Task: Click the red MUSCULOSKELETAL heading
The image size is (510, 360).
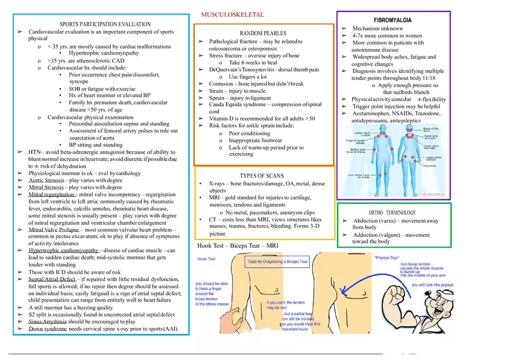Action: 232,14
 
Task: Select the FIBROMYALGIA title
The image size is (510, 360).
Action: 392,20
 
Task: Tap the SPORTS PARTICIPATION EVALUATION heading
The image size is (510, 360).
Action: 105,24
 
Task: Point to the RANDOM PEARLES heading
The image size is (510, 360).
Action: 263,34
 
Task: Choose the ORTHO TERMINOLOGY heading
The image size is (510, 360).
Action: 392,213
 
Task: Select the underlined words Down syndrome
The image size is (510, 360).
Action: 47,329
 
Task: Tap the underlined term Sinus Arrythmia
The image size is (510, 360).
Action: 49,322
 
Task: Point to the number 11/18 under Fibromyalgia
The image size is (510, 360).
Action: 426,78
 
